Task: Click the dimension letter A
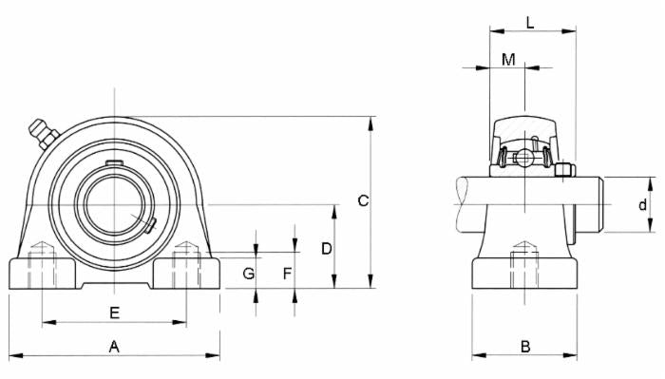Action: coord(114,347)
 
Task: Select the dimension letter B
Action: coord(524,347)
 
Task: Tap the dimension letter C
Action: coord(362,200)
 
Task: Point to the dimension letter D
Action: coord(326,248)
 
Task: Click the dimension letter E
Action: coord(114,313)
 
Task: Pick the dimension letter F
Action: coord(288,274)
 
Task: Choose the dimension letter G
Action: coord(248,274)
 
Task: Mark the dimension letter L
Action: coord(530,22)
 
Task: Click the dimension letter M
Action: coord(508,60)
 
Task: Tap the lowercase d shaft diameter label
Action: coord(642,204)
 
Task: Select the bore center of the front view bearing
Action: coord(115,203)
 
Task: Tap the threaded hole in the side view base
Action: coord(523,259)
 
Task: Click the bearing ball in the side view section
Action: coord(523,158)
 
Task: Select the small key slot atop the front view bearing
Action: coord(114,163)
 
